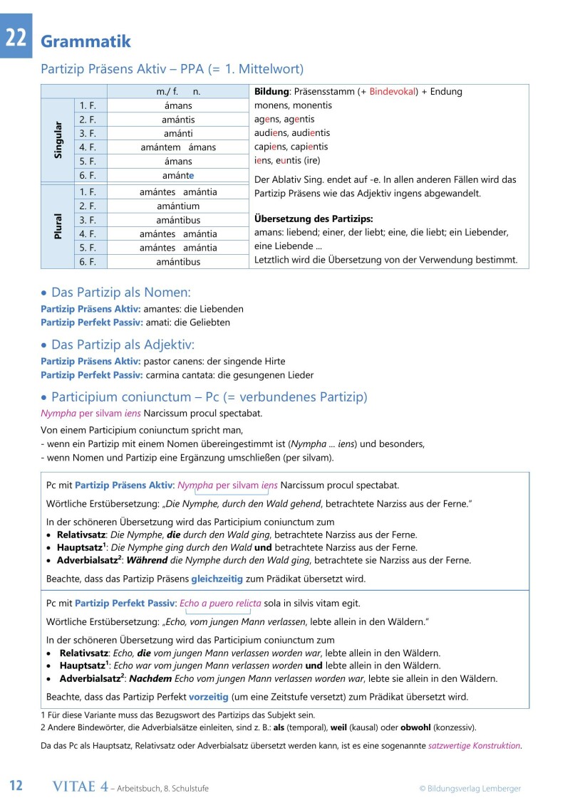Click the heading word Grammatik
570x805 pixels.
[85, 41]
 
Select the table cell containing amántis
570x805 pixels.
[178, 120]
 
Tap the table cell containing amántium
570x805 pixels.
[178, 206]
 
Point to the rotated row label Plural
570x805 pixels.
[58, 226]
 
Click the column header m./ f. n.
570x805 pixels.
[178, 92]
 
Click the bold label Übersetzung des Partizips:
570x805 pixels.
[313, 219]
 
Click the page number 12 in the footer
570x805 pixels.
[16, 786]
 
